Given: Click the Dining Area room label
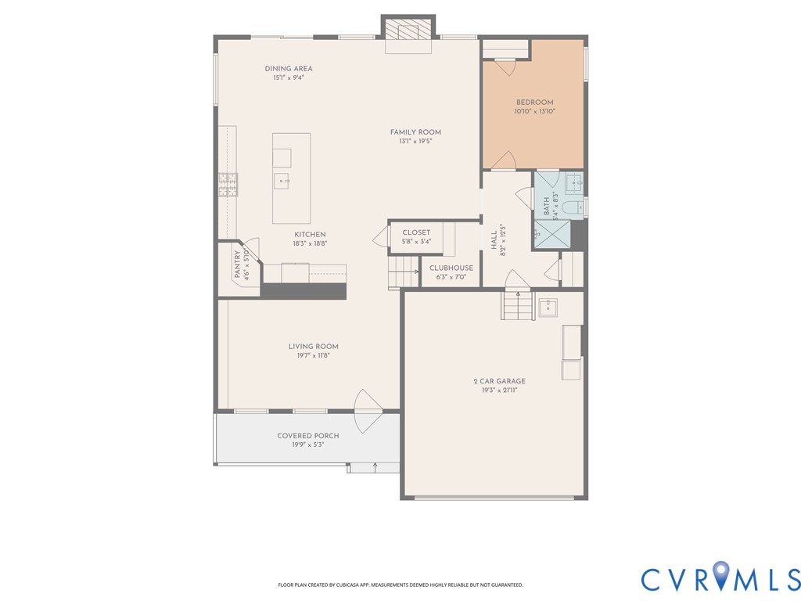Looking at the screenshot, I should [x=288, y=69].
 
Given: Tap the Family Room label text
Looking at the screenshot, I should [x=415, y=132].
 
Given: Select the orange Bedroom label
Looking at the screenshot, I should [x=534, y=103].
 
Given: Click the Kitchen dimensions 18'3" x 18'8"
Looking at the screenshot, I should [x=310, y=243].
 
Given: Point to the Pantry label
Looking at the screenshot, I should [x=238, y=265].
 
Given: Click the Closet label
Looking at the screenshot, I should [x=416, y=232].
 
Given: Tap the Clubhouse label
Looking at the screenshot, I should [x=451, y=268].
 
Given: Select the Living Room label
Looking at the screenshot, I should [x=313, y=347].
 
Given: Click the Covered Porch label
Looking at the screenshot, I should [x=307, y=436].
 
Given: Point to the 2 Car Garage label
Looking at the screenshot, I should [x=499, y=381].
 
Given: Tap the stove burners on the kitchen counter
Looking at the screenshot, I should [x=228, y=185].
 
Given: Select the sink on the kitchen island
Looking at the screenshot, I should [x=282, y=181].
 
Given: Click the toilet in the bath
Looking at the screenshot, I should [x=573, y=207].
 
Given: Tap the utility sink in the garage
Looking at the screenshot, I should [x=548, y=307].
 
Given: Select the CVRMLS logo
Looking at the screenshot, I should [x=720, y=578].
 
